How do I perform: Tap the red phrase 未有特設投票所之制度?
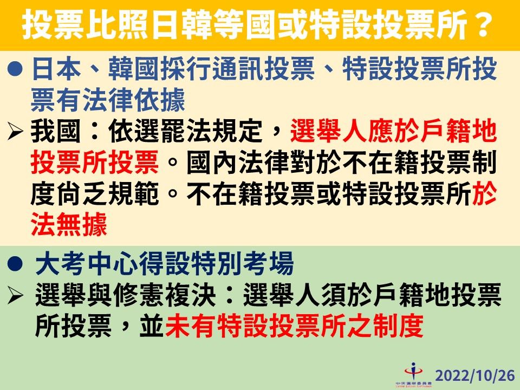point(293,326)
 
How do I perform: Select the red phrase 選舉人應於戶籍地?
point(393,132)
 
